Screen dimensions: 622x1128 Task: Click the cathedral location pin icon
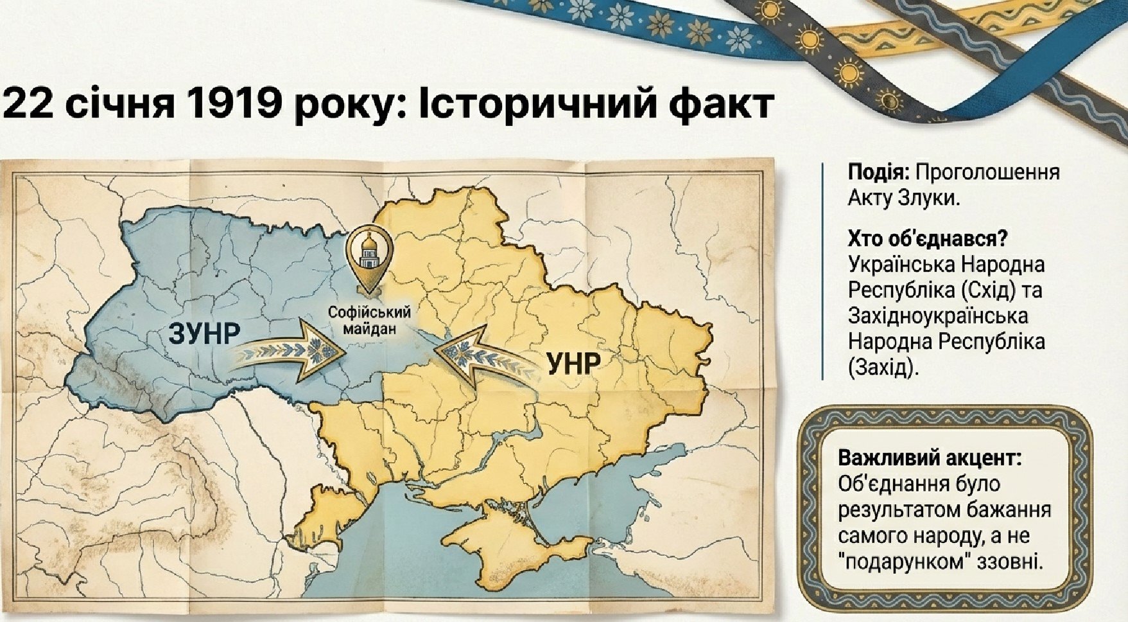click(x=369, y=258)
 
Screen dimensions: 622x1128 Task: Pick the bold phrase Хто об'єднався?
click(x=927, y=239)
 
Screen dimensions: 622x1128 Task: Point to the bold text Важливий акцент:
click(x=930, y=459)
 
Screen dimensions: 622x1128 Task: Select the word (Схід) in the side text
click(x=989, y=290)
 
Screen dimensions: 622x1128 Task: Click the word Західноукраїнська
click(x=938, y=316)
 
